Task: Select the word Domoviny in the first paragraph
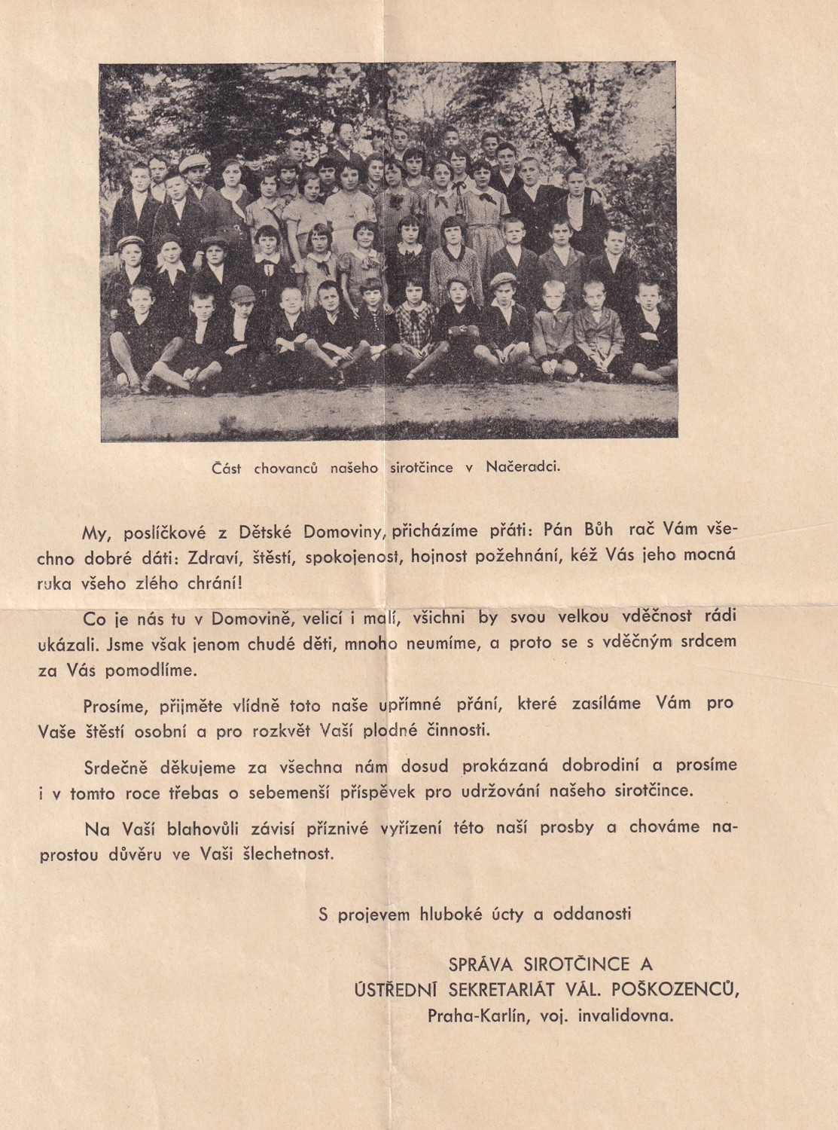point(345,531)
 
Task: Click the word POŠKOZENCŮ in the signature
point(687,989)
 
